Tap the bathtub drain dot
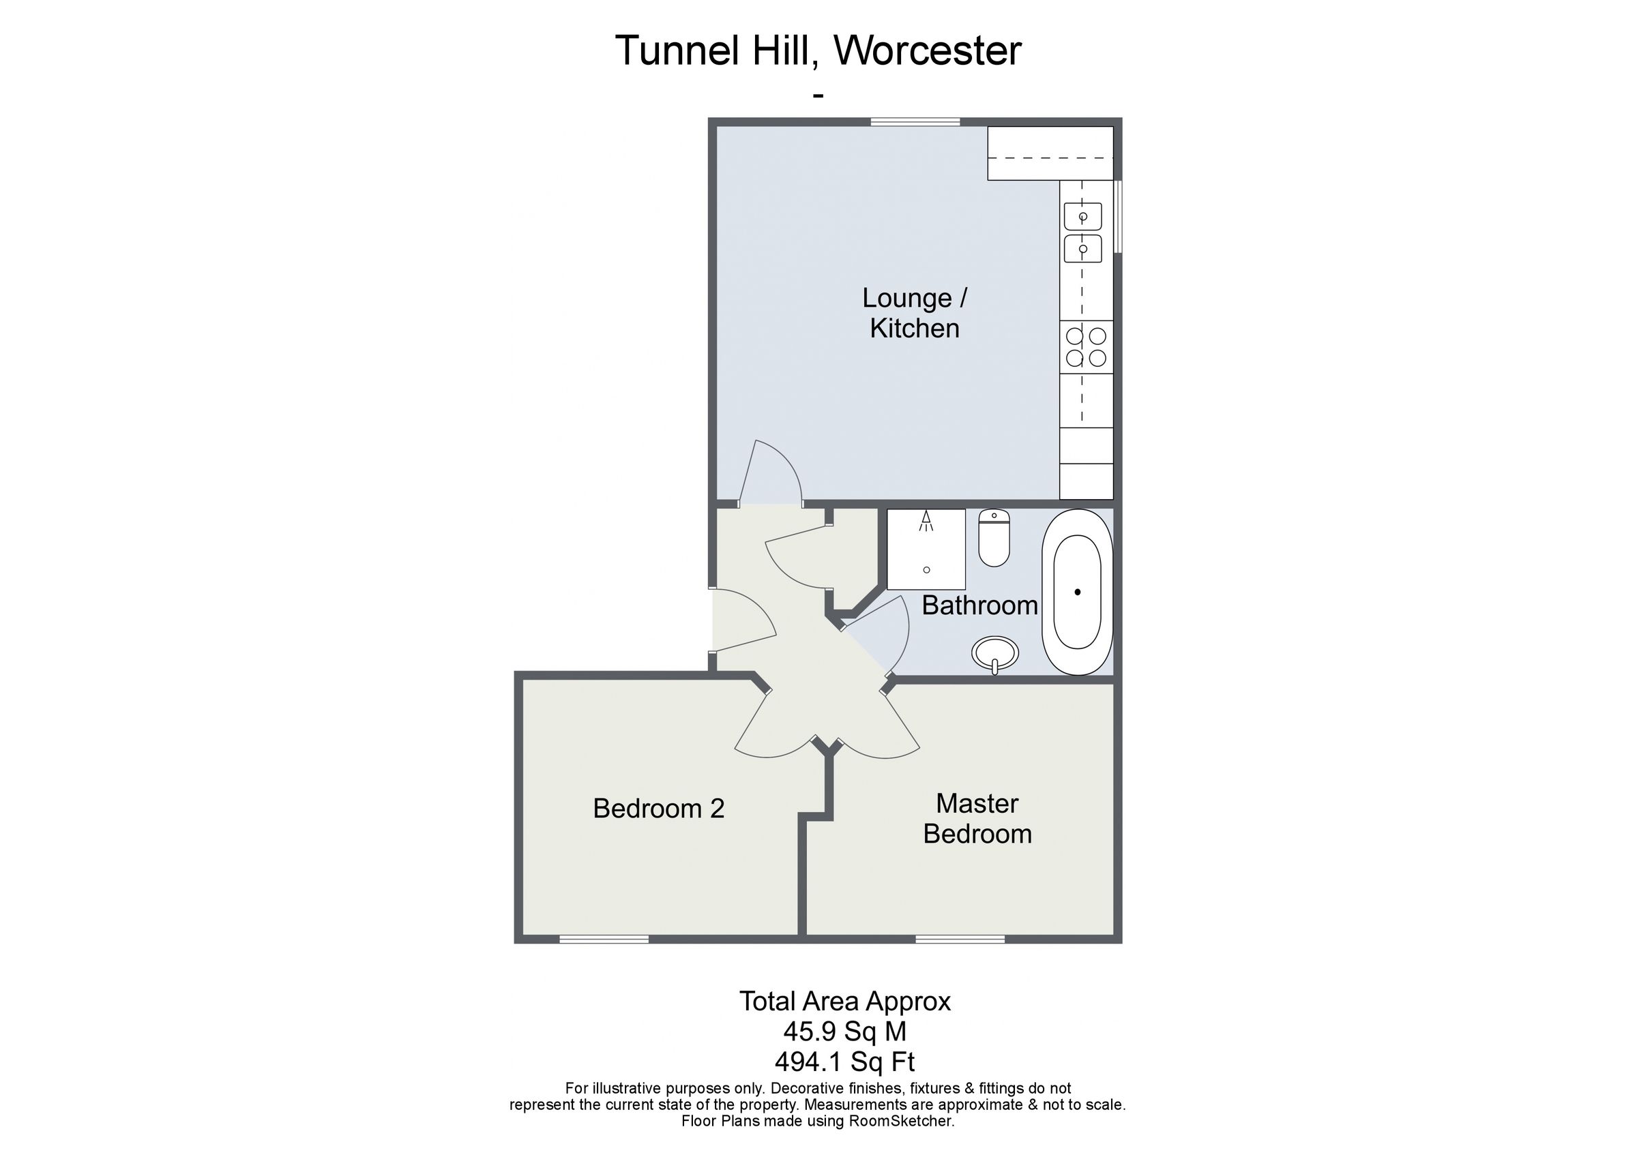(x=1077, y=592)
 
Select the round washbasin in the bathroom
(x=995, y=652)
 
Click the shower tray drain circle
(x=926, y=569)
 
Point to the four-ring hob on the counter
(x=1086, y=346)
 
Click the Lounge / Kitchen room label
(x=915, y=313)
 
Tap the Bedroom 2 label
(x=659, y=809)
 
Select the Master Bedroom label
(x=977, y=818)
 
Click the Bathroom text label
(x=979, y=605)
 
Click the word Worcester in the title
(x=928, y=50)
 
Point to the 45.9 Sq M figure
(x=845, y=1031)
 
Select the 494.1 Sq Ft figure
(x=845, y=1062)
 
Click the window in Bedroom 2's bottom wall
(x=604, y=940)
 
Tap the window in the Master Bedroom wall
(x=960, y=940)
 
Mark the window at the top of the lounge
(x=915, y=122)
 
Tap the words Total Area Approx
(x=845, y=1001)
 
